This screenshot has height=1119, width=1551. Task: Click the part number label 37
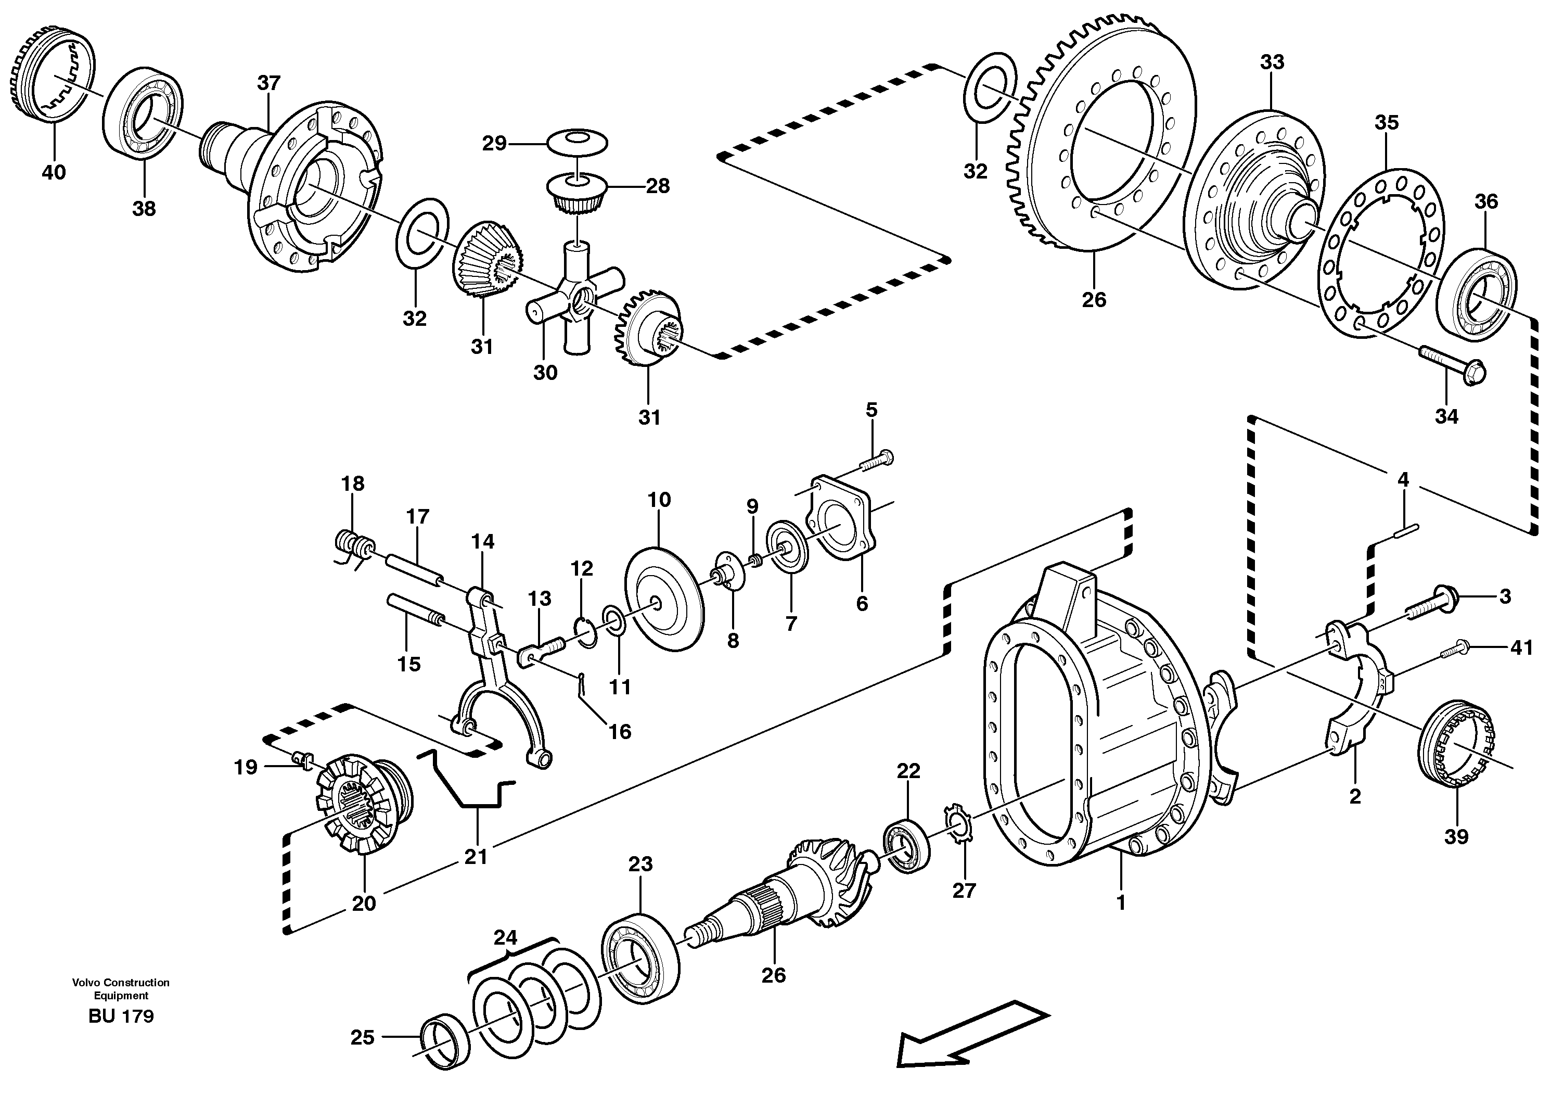pyautogui.click(x=269, y=83)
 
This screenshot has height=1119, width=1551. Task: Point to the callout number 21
pyautogui.click(x=476, y=856)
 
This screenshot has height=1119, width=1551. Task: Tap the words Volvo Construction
pyautogui.click(x=121, y=983)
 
